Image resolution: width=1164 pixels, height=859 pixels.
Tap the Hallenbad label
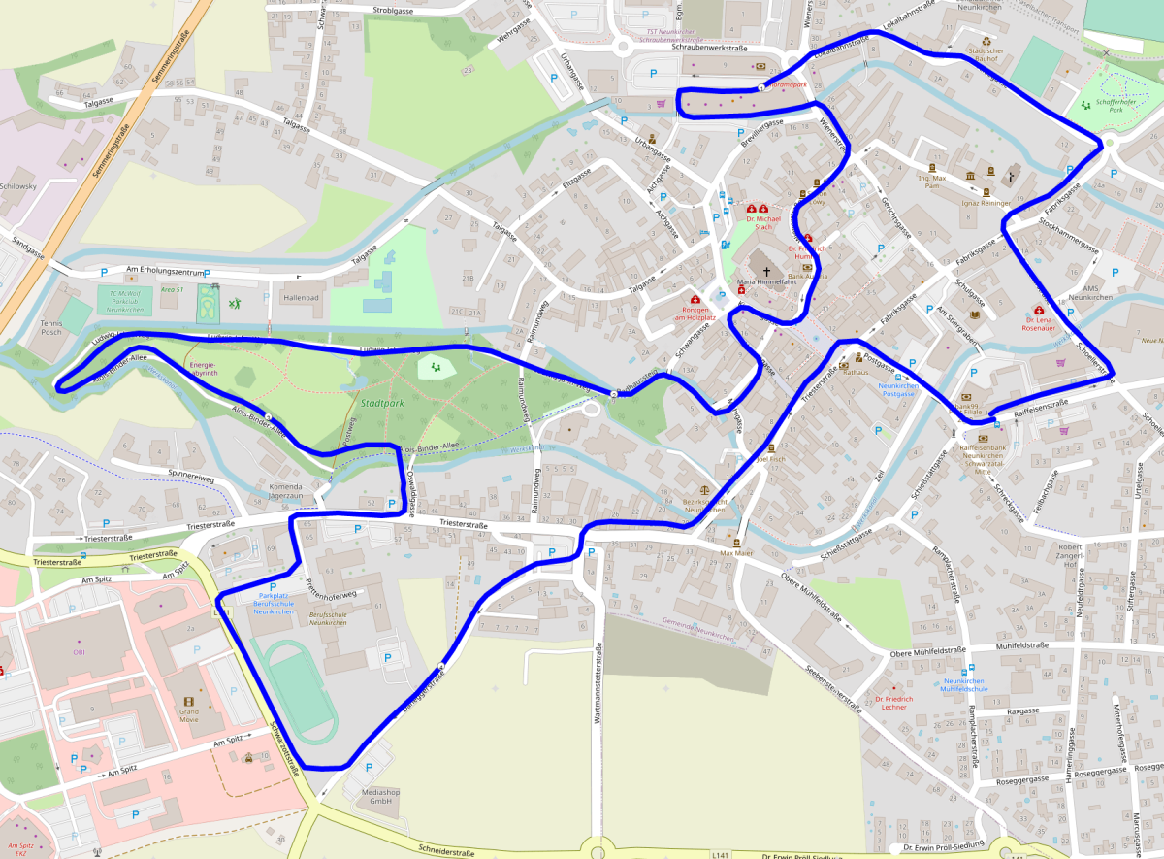[301, 298]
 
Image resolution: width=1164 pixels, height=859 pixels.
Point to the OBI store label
[80, 652]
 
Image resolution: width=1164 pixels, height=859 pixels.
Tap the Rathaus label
[855, 372]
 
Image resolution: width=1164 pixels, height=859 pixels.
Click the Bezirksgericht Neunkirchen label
[705, 504]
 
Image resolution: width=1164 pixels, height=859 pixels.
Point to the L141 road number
[719, 854]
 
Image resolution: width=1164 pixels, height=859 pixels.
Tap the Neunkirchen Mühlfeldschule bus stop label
[965, 684]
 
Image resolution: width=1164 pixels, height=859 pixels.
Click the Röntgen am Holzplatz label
[695, 314]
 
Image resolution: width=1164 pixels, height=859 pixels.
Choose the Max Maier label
[736, 553]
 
